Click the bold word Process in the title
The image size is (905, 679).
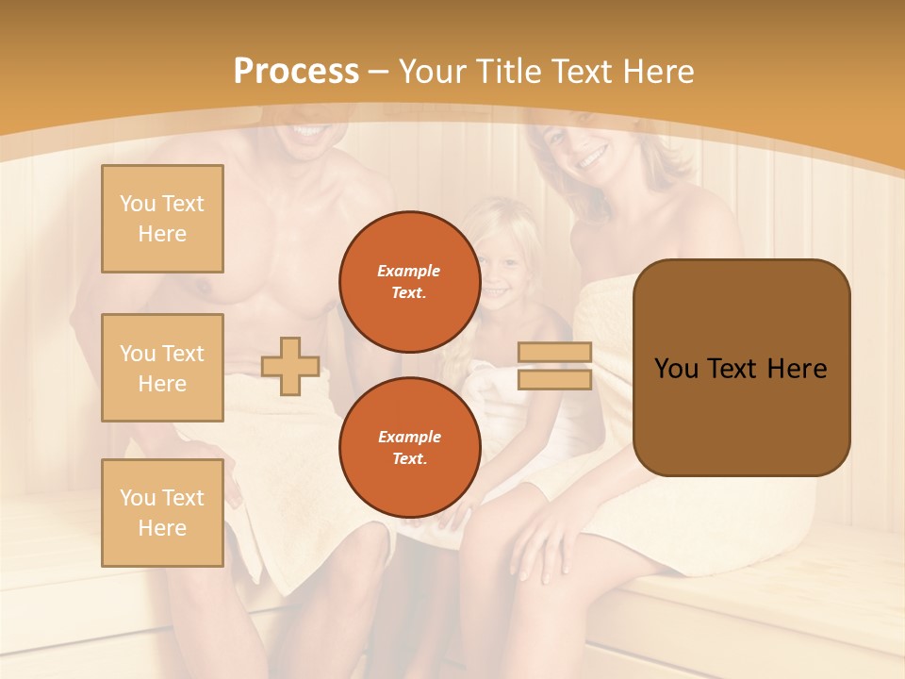tap(296, 71)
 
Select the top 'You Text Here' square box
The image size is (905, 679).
tap(162, 219)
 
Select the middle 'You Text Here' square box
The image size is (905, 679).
tap(162, 368)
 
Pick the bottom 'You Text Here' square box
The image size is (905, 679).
tap(162, 513)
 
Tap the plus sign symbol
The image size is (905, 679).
tap(290, 366)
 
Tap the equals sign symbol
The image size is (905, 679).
tap(555, 366)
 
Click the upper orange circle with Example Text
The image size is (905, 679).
tap(409, 281)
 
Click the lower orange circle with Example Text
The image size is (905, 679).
tap(409, 447)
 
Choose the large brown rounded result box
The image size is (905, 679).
tap(741, 368)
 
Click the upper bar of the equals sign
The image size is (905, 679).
tap(555, 352)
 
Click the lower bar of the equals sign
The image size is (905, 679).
tap(555, 379)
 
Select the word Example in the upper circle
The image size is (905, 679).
tap(409, 271)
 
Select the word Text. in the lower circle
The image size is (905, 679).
tap(409, 459)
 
